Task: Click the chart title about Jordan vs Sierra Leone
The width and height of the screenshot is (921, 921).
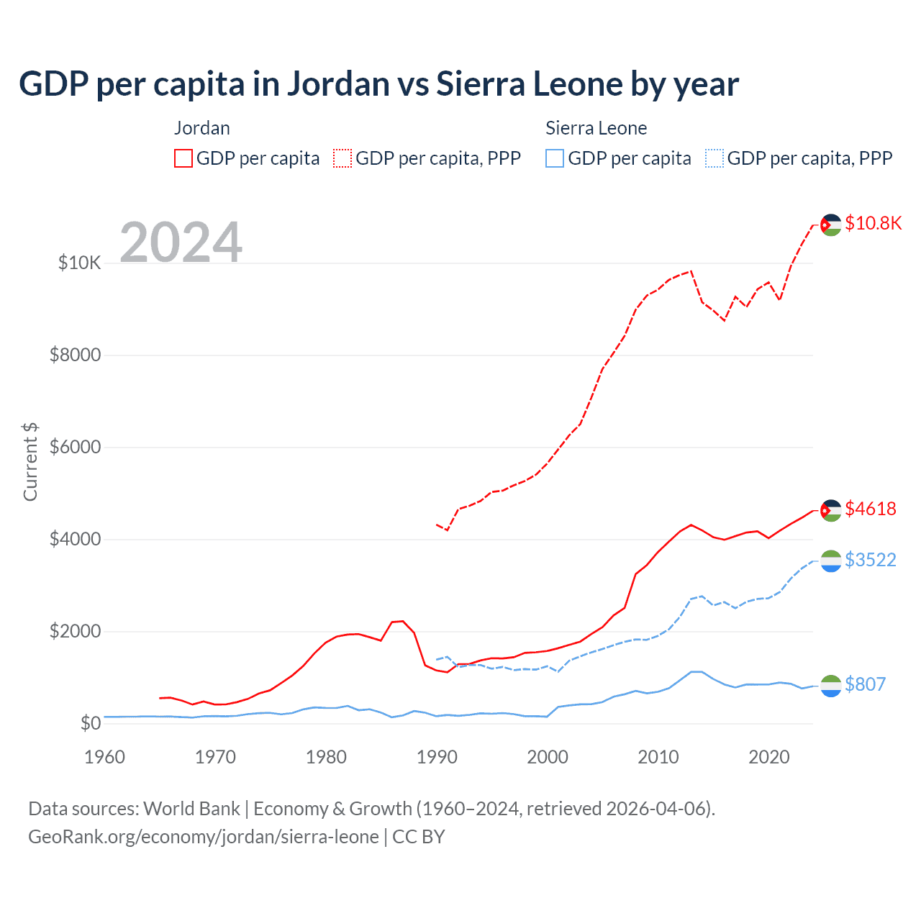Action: (x=378, y=84)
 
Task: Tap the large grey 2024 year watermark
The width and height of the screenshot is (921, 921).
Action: (x=181, y=243)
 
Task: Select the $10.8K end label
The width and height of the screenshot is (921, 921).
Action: (x=873, y=223)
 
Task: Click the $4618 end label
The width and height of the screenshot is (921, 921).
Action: (x=871, y=509)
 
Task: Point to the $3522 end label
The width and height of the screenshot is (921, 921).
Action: (x=871, y=560)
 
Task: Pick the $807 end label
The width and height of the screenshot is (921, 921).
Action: (x=865, y=684)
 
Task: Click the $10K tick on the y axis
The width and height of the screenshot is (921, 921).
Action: (x=79, y=263)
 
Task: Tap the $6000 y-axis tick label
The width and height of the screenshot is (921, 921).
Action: (x=75, y=447)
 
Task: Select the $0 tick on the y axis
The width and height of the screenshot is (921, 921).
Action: (x=90, y=723)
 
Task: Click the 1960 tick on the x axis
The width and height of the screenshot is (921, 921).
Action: (x=104, y=757)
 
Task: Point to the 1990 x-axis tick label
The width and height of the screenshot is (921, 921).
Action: (x=437, y=757)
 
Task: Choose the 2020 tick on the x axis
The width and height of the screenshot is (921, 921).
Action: (x=769, y=757)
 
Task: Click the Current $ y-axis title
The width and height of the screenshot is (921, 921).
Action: (x=30, y=462)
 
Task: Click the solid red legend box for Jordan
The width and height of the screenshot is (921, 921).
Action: (x=183, y=158)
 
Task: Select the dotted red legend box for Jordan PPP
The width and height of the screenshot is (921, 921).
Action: (x=342, y=158)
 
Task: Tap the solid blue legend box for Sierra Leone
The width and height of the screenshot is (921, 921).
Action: (x=555, y=158)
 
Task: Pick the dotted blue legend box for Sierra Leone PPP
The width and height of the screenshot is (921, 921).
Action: (x=714, y=158)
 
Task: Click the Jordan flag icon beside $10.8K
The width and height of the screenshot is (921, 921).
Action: (x=831, y=225)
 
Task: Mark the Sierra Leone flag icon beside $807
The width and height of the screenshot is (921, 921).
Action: (x=831, y=686)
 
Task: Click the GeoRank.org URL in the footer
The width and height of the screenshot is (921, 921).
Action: (x=204, y=837)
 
